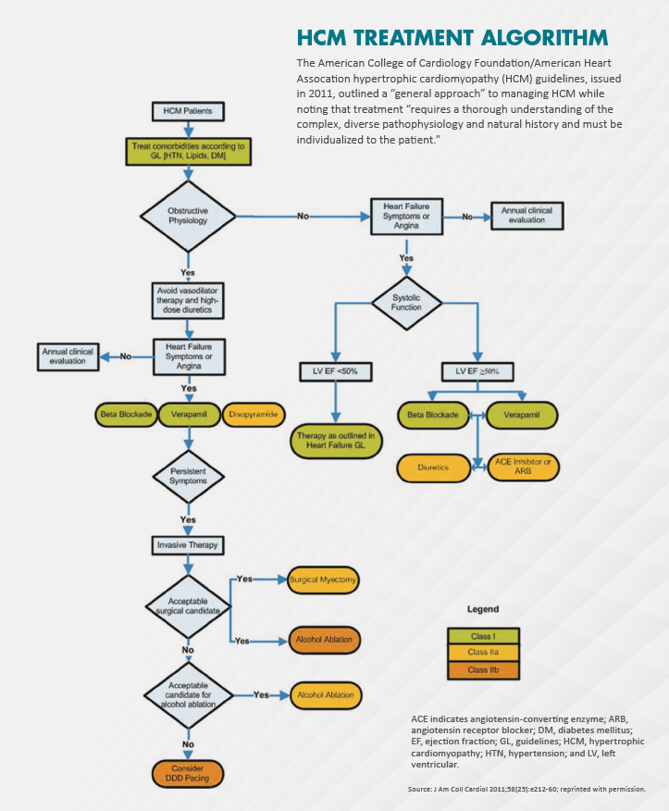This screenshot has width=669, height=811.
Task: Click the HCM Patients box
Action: click(188, 111)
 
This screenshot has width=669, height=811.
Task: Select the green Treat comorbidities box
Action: click(188, 151)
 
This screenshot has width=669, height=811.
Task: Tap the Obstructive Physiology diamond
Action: click(188, 216)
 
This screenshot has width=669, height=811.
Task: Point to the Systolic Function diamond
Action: click(406, 301)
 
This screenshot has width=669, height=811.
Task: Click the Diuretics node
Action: click(432, 468)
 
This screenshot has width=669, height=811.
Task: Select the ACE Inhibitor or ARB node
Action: click(524, 468)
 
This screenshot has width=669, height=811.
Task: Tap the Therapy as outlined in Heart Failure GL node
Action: click(335, 441)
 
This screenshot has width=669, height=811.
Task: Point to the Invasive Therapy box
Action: click(188, 545)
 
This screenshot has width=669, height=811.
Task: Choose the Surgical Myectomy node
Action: click(323, 580)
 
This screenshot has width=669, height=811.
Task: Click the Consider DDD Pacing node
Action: click(188, 773)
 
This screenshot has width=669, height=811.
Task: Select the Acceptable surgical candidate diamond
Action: click(188, 606)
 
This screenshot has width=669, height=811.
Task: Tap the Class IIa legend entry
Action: click(483, 653)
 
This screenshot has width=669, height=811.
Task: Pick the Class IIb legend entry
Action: click(483, 669)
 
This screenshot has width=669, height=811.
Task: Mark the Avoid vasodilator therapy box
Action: click(188, 299)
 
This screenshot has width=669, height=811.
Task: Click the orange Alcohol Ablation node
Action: click(323, 640)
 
